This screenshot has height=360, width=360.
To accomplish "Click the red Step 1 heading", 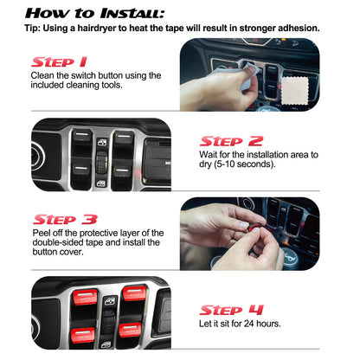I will pyautogui.click(x=59, y=62).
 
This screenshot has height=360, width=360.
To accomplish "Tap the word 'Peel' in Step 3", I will pyautogui.click(x=44, y=234).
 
